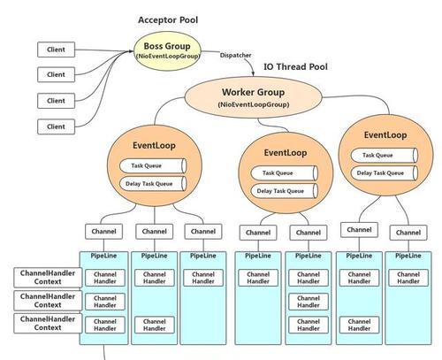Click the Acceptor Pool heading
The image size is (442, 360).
pos(168,20)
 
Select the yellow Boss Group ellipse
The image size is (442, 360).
pos(167,51)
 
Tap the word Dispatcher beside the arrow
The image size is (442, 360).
pos(235,55)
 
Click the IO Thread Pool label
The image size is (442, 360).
pos(295,66)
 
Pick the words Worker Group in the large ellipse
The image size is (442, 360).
pos(253,92)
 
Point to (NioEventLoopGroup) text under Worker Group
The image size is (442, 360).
pos(254,104)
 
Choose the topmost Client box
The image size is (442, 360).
pos(56,50)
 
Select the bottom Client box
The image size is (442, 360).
pos(56,126)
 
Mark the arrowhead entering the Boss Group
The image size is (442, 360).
pos(131,51)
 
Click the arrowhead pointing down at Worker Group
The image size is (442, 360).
pos(253,73)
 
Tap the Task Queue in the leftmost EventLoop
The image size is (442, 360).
pos(153,165)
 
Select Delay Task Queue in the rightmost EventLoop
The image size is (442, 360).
pos(385,173)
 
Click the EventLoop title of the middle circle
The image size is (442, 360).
pos(286,153)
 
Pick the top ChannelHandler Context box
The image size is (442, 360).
pos(48,278)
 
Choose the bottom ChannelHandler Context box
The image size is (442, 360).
pos(48,324)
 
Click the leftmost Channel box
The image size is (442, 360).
pos(103,232)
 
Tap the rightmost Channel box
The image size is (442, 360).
pos(408,233)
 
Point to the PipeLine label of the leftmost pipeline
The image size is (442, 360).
pos(103,256)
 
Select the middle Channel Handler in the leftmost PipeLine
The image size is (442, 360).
pos(105,302)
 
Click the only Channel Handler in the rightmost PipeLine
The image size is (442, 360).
pos(408,278)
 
